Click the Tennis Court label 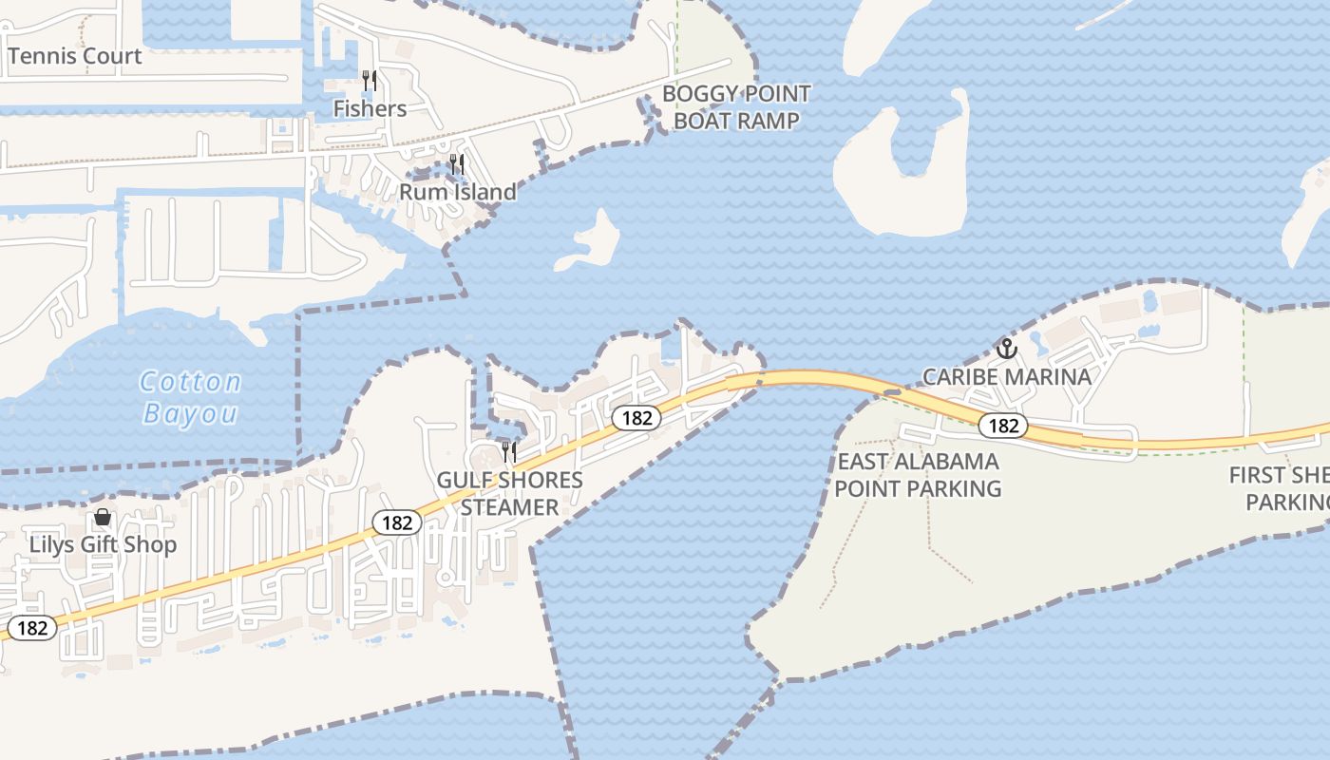pos(74,56)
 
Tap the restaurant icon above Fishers pos(370,81)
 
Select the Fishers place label pos(370,109)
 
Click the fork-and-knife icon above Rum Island pos(457,164)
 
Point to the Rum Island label pos(457,192)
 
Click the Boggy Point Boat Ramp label pos(736,107)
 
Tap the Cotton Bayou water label pos(190,397)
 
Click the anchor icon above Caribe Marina pos(1006,349)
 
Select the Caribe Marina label pos(1007,376)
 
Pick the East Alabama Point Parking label pos(918,475)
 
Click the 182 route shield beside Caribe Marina pos(1003,426)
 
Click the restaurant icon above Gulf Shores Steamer pos(509,451)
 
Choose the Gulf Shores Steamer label pos(509,493)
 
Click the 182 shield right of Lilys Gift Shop pos(396,522)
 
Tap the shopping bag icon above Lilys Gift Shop pos(103,518)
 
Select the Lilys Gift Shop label pos(103,545)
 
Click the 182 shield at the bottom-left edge pos(32,628)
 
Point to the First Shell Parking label pos(1279,488)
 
